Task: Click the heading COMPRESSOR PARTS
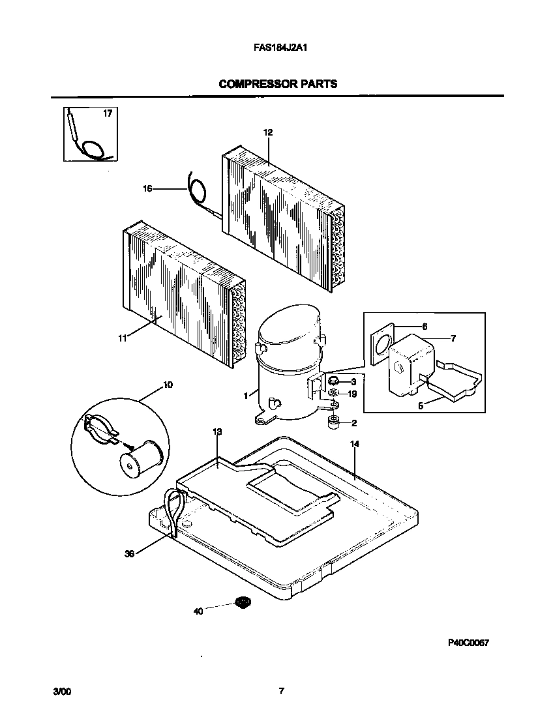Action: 278,83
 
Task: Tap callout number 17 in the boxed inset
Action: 108,113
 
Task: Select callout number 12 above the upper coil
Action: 267,132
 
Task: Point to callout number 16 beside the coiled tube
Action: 147,189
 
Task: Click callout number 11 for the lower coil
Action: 121,338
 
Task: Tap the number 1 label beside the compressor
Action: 246,395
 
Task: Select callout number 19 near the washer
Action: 353,394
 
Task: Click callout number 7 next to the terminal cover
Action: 453,338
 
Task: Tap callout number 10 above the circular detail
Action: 168,385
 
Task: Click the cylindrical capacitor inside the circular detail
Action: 140,459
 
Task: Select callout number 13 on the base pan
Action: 217,432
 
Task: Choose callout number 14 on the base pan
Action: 354,444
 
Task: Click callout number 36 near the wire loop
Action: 129,554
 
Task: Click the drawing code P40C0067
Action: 468,642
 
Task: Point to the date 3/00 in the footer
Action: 61,692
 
